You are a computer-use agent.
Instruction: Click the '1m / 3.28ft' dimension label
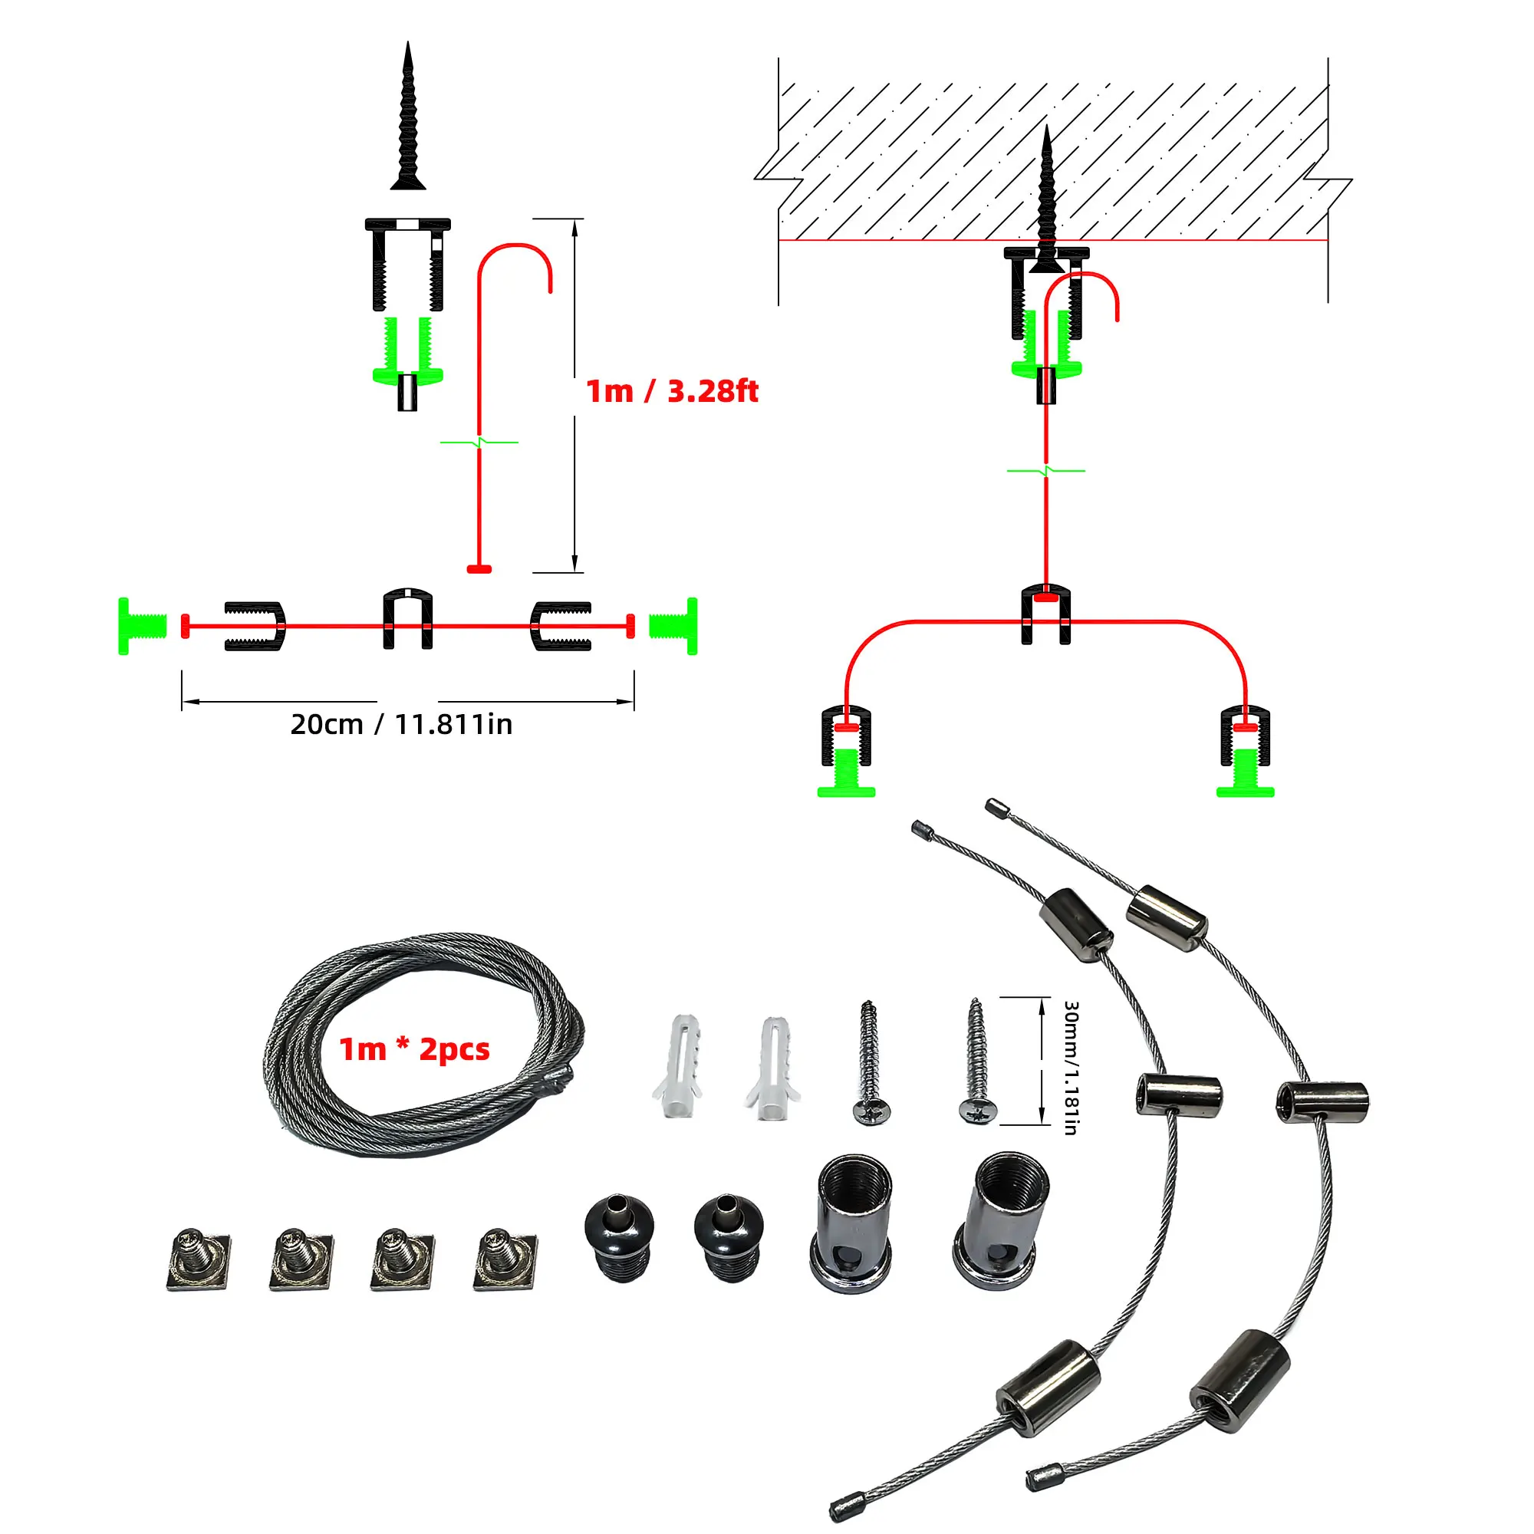point(672,391)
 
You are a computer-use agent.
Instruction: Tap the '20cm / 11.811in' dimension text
point(401,725)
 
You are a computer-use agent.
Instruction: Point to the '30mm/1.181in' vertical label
point(1070,1067)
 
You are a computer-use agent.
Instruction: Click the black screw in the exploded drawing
point(408,119)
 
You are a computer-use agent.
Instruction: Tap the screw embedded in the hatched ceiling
point(1046,199)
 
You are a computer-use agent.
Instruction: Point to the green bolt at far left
point(141,626)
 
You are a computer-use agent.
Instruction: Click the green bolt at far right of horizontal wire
point(674,626)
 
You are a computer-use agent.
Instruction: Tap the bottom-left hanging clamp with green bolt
point(847,751)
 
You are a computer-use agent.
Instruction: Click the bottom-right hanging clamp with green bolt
point(1245,751)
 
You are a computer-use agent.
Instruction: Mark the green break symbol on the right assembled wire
point(1045,471)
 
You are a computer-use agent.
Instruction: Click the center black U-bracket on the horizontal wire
point(408,619)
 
